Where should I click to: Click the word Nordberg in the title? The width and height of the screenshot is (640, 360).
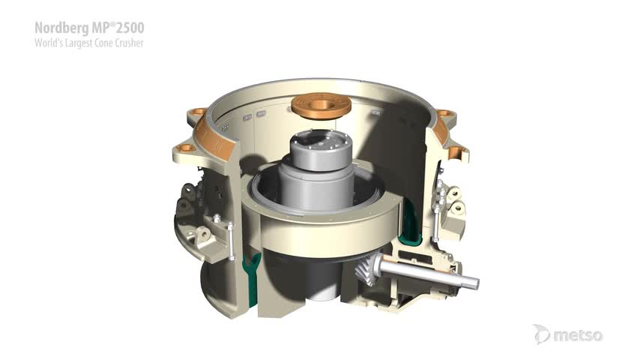(x=61, y=28)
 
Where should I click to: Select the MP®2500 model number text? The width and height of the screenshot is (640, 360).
(x=118, y=28)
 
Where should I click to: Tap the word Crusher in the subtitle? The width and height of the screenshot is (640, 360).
(x=129, y=43)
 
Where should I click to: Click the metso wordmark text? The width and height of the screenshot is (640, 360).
(x=578, y=335)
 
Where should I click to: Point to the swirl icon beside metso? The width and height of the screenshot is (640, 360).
(x=542, y=334)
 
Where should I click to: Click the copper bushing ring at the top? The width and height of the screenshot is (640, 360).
(x=321, y=105)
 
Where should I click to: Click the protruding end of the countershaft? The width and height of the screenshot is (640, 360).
(x=471, y=282)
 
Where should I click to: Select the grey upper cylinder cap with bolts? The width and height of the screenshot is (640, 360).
(x=321, y=149)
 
